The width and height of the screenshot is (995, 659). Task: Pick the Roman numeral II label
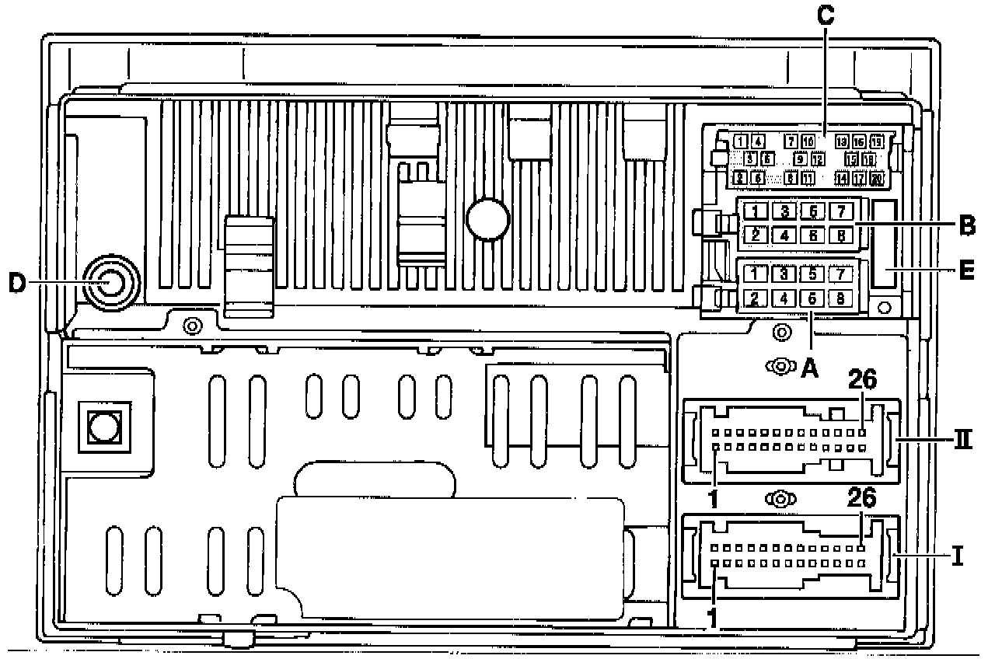[x=964, y=439]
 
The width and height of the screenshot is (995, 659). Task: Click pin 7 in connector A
[x=839, y=274]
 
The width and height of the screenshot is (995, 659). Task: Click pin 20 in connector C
[x=877, y=179]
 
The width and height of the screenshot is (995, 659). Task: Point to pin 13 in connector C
[x=842, y=141]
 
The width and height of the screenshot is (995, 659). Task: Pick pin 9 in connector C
[x=800, y=159]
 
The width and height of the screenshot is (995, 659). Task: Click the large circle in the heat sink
[x=487, y=218]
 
